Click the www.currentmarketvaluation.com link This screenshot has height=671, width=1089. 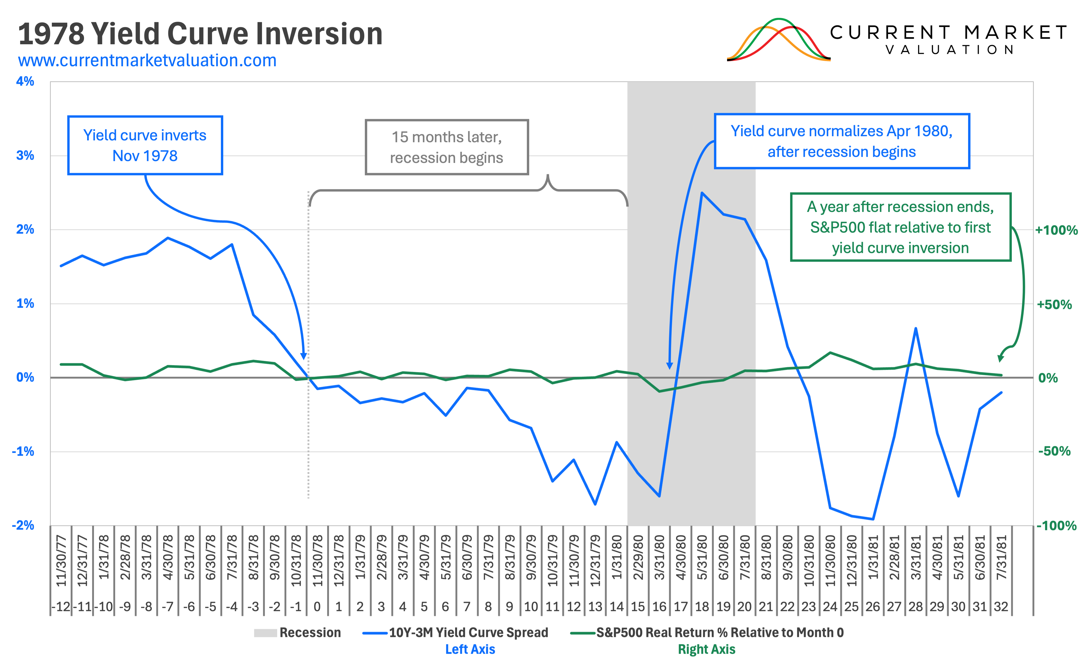click(x=147, y=60)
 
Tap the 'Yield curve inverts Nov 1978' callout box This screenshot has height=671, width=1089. click(x=145, y=146)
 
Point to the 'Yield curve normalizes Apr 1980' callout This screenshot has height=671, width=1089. click(x=842, y=141)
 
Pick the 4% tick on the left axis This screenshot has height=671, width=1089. click(x=25, y=82)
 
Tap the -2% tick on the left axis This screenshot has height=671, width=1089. click(x=23, y=525)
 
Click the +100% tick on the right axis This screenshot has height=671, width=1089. click(x=1056, y=230)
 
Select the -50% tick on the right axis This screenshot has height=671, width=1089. click(x=1054, y=451)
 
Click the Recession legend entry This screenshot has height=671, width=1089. click(x=297, y=633)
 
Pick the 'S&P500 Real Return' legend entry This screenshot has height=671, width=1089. click(x=707, y=633)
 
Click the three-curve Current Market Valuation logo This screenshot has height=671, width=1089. click(x=778, y=40)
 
